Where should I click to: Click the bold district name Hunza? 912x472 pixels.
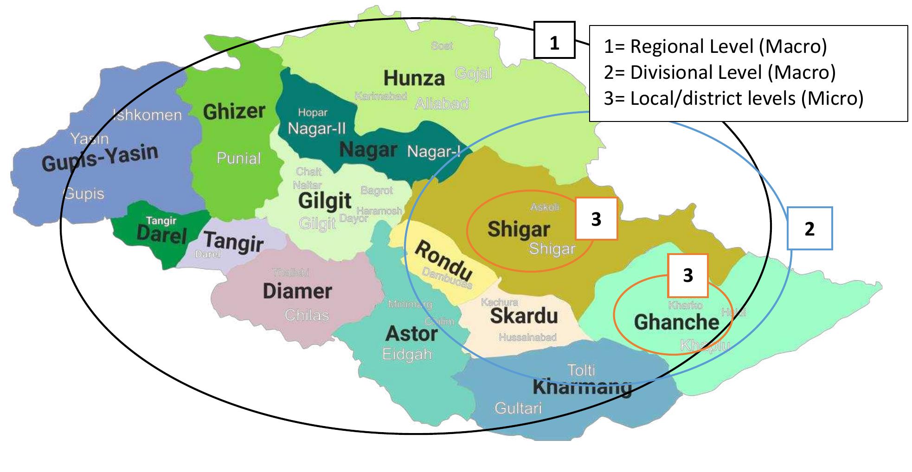(x=414, y=78)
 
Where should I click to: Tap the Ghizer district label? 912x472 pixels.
(x=234, y=111)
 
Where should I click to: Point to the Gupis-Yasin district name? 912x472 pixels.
(x=100, y=158)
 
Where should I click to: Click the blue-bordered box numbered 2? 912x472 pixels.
(x=809, y=229)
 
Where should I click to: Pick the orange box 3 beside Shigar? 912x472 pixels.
(x=596, y=219)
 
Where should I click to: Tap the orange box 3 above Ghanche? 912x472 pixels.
(x=687, y=275)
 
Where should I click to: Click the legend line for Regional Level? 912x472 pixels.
(x=715, y=46)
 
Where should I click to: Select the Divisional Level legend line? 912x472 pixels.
(x=719, y=72)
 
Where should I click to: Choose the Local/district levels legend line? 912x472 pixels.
(x=733, y=98)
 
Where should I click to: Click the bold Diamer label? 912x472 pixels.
(x=297, y=291)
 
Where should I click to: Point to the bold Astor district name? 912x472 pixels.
(x=411, y=333)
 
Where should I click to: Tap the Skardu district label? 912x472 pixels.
(x=524, y=316)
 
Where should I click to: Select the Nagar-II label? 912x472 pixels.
(x=316, y=128)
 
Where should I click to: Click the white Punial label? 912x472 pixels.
(x=238, y=159)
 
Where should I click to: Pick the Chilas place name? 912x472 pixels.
(x=307, y=315)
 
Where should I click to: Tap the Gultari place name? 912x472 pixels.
(x=518, y=408)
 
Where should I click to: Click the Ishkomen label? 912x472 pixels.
(x=148, y=115)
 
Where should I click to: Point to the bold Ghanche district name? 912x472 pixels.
(x=676, y=322)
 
